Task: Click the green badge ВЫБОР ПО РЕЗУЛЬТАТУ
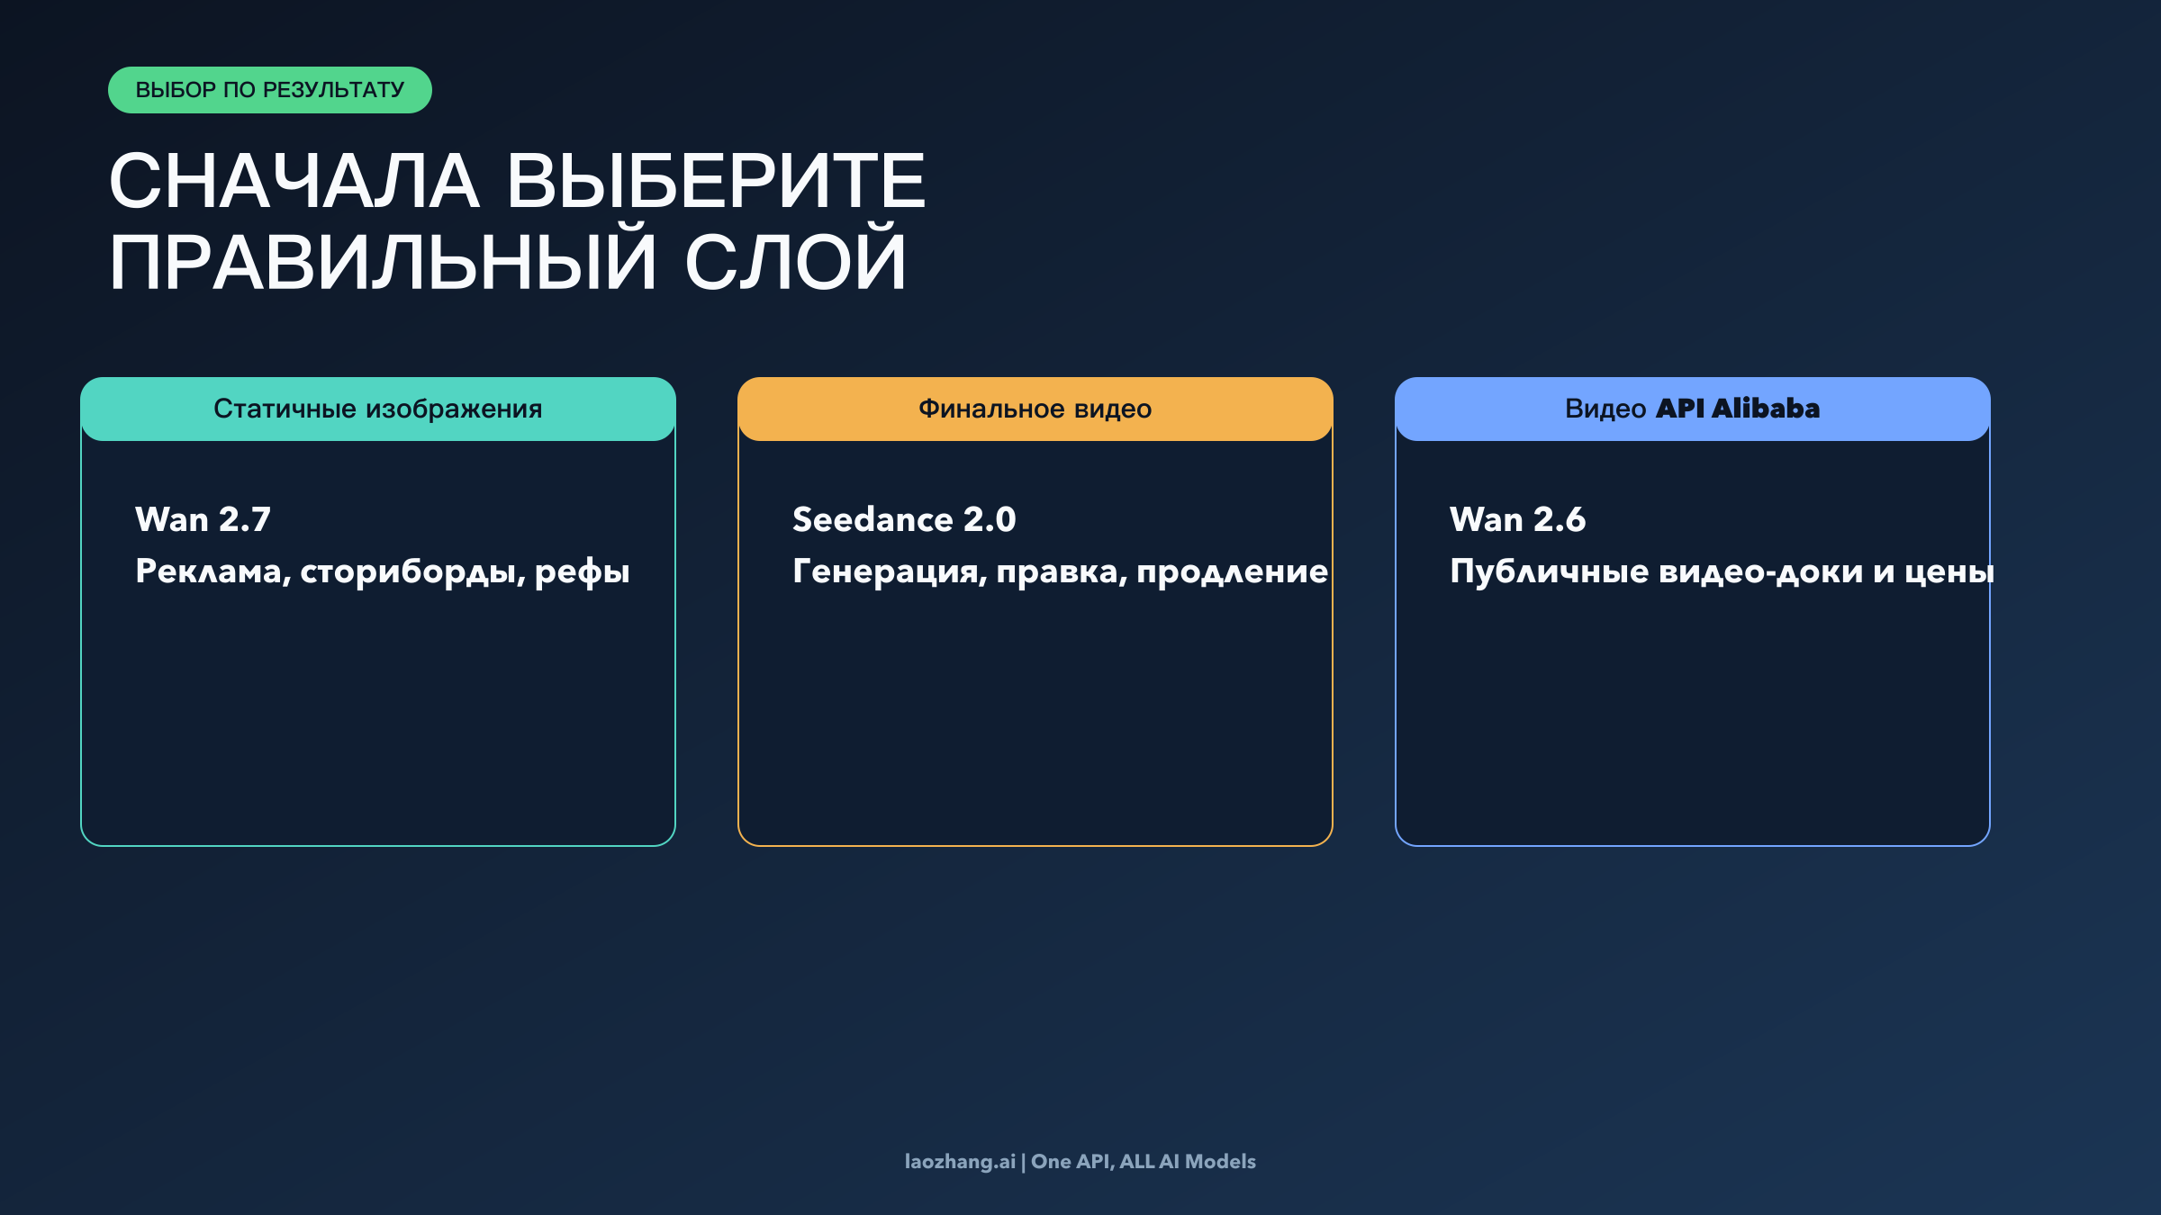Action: point(269,90)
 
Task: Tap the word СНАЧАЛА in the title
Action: point(294,182)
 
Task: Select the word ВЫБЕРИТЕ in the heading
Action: point(716,182)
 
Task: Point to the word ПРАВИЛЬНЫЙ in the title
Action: point(383,263)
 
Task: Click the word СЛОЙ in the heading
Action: point(795,263)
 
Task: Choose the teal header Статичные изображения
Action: point(378,409)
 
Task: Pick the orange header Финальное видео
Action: point(1035,409)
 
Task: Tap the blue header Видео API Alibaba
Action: point(1692,409)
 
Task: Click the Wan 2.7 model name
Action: point(203,519)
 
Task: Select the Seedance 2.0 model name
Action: point(904,519)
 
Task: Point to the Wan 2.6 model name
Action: point(1517,519)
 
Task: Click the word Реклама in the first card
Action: point(212,571)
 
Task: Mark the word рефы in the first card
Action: point(582,572)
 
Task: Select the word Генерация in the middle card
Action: point(889,571)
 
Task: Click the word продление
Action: point(1232,572)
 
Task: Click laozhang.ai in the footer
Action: point(960,1162)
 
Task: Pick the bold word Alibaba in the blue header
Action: point(1766,409)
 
